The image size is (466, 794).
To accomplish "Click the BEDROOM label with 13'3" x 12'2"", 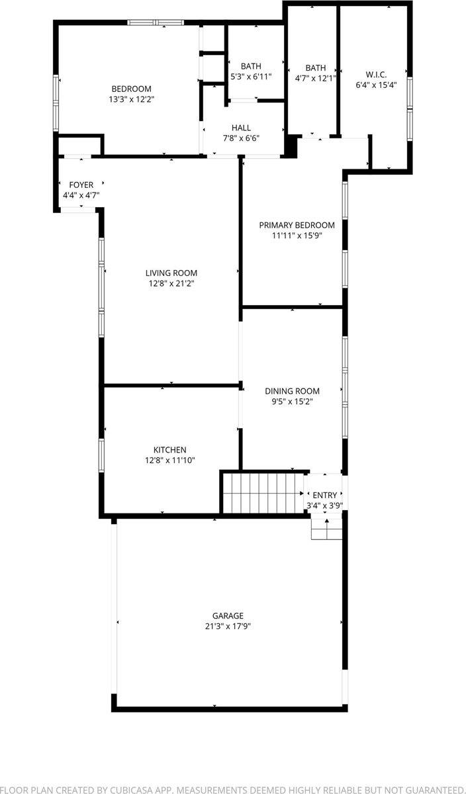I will pos(131,89).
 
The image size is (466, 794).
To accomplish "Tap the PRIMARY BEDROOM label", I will pos(297,225).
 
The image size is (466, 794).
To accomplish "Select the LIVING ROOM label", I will pos(171,273).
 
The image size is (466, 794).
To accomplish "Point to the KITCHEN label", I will pos(170,450).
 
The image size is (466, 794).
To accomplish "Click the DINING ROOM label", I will pos(292,391).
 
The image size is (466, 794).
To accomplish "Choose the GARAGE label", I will pos(228,615).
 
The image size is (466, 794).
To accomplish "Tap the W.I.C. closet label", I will pos(376,74).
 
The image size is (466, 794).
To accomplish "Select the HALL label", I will pos(241,128).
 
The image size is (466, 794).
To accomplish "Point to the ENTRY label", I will pos(324,495).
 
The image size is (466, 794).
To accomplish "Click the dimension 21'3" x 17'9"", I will pos(228,626).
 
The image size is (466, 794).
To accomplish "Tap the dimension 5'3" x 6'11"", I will pos(251,77).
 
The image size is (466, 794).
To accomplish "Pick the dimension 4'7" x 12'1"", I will pos(316,78).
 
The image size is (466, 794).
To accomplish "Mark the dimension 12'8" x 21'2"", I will pos(171,283).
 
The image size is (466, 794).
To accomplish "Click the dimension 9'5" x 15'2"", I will pos(292,401).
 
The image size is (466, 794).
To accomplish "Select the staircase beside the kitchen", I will pos(262,493).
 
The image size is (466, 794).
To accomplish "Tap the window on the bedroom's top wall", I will pos(155,22).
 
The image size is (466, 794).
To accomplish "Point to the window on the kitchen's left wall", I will pos(101,455).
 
